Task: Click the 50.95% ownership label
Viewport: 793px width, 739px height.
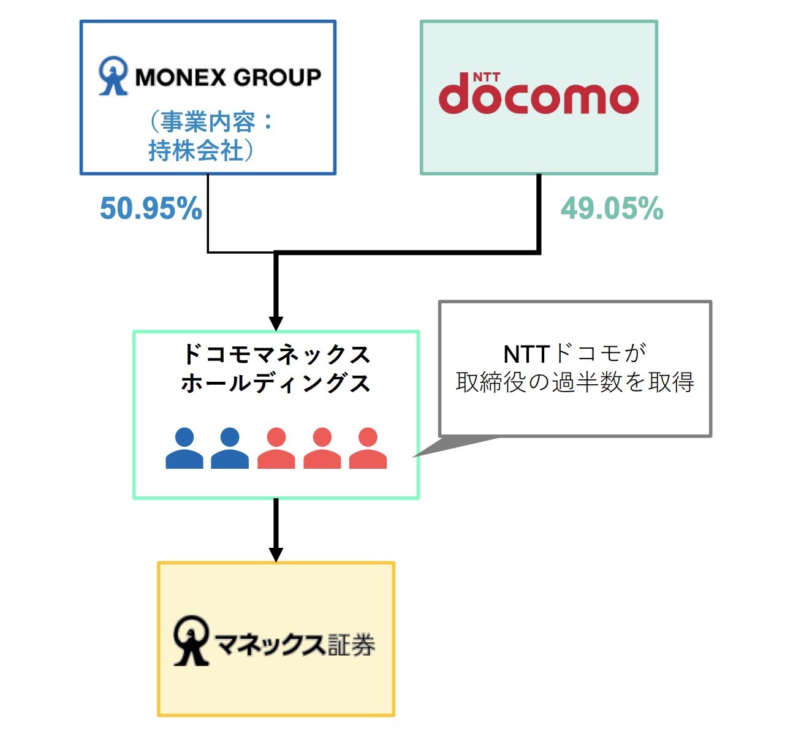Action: pyautogui.click(x=151, y=209)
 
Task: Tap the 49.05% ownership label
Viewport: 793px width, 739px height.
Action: pyautogui.click(x=612, y=209)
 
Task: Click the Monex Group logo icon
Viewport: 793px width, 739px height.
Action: pyautogui.click(x=113, y=76)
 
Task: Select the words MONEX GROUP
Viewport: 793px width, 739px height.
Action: pyautogui.click(x=228, y=77)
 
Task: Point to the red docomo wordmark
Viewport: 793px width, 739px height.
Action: pyautogui.click(x=539, y=97)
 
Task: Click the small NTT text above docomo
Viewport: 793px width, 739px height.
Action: pyautogui.click(x=487, y=77)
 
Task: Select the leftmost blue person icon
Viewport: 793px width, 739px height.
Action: pyautogui.click(x=184, y=449)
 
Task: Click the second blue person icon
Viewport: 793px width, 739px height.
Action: pyautogui.click(x=230, y=449)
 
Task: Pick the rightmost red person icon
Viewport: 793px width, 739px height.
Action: pyautogui.click(x=368, y=449)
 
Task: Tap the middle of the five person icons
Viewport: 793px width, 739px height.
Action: pyautogui.click(x=276, y=449)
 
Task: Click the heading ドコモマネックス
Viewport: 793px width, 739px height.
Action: pyautogui.click(x=276, y=355)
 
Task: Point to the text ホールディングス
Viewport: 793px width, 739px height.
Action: pyautogui.click(x=276, y=384)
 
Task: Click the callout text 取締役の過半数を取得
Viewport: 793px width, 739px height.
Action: pyautogui.click(x=575, y=382)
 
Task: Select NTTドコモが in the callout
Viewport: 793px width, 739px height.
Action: pyautogui.click(x=575, y=354)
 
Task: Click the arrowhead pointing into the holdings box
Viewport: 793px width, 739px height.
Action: pyautogui.click(x=276, y=323)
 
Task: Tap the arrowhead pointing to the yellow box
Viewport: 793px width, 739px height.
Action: pyautogui.click(x=276, y=553)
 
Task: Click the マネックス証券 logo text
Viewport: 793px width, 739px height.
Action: pyautogui.click(x=295, y=645)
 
